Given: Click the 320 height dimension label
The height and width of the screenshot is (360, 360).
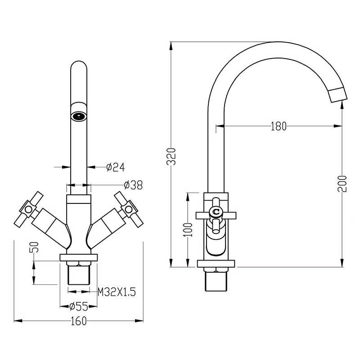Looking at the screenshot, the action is (x=171, y=157).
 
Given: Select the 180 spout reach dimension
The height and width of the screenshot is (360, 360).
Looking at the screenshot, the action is (x=279, y=126).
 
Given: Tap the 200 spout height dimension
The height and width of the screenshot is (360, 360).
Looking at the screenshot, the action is (x=342, y=184).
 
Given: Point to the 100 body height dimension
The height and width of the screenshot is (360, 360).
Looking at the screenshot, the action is (x=188, y=230).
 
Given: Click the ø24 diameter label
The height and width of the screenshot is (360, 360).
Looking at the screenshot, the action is (x=116, y=167).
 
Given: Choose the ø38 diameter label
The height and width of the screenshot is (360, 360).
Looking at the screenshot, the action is (x=133, y=185).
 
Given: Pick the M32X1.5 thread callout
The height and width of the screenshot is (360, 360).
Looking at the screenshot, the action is (x=117, y=292).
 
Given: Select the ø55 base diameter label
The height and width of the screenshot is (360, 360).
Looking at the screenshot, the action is (x=79, y=306).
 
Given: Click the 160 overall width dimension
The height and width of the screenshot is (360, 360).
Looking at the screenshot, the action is (x=79, y=321).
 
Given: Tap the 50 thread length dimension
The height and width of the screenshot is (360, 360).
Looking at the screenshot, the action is (x=34, y=247).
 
